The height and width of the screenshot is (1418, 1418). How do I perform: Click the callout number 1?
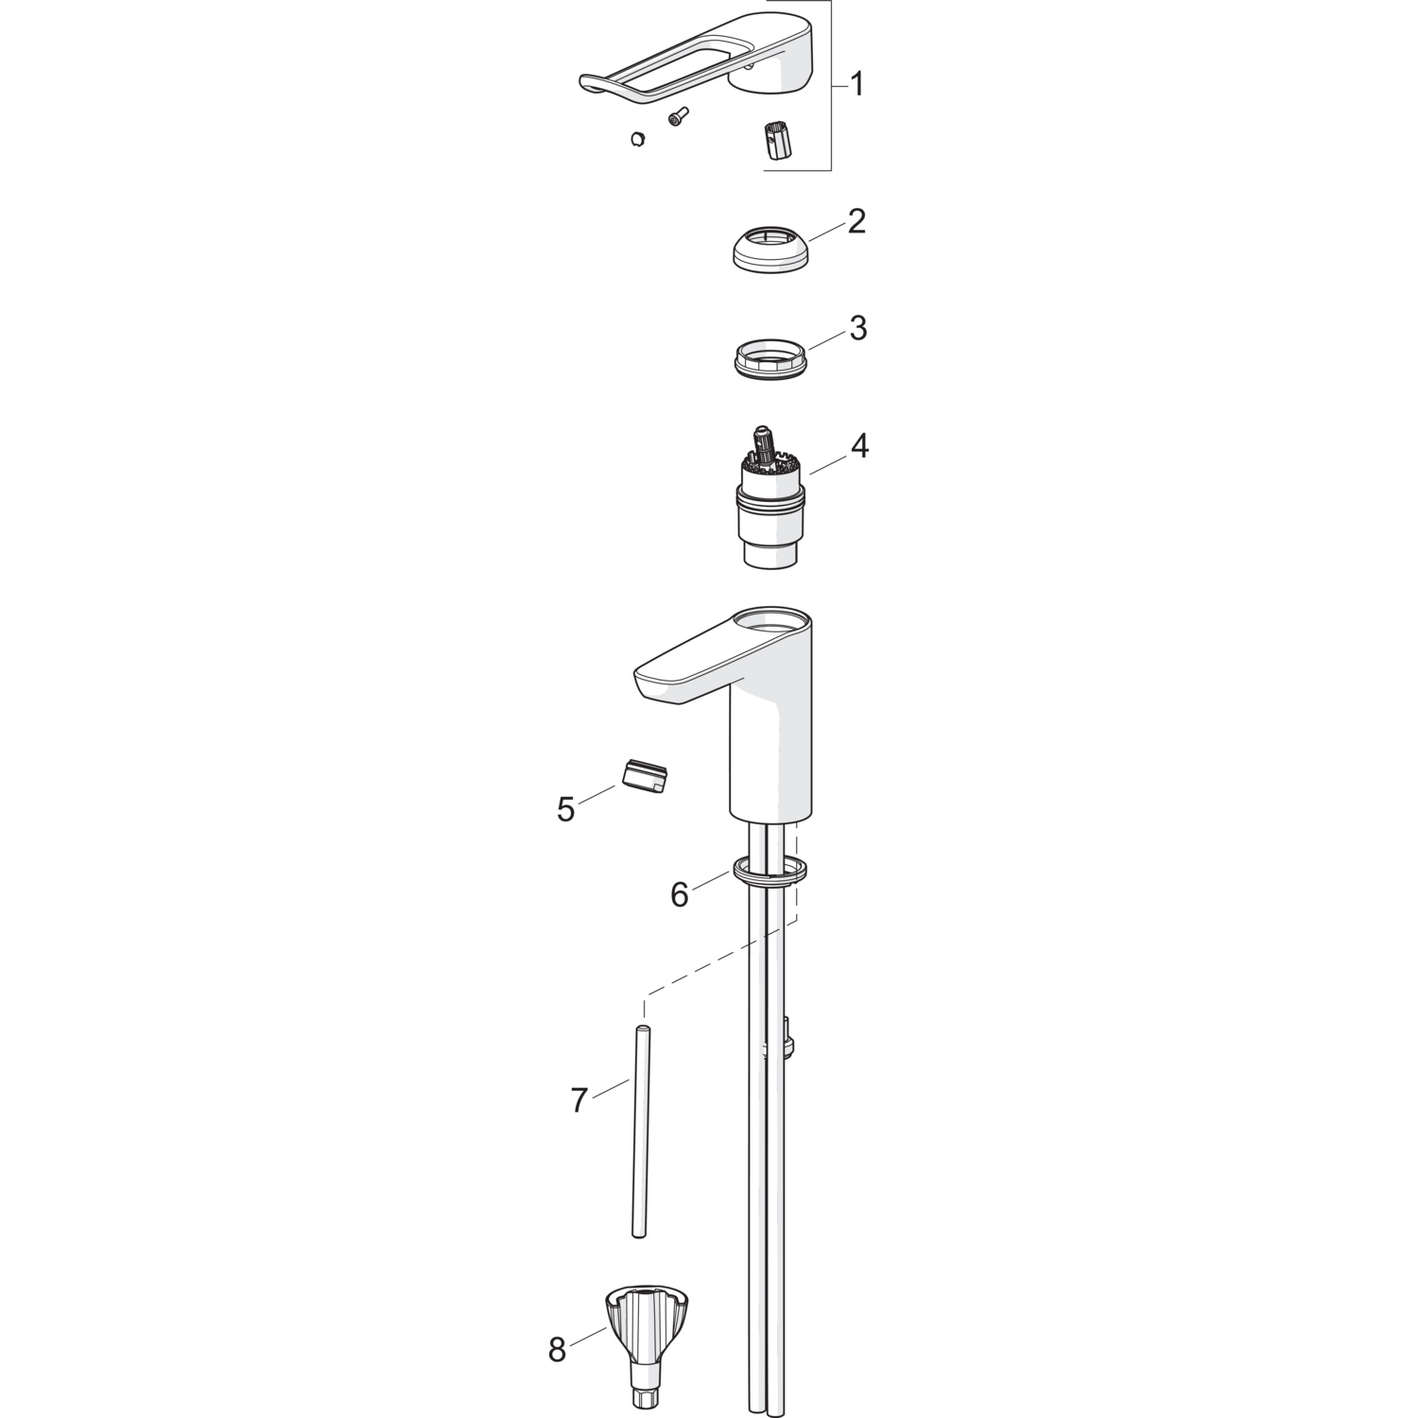[856, 85]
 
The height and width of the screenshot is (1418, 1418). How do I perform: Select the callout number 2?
[856, 222]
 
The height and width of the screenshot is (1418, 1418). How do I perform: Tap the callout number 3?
[857, 328]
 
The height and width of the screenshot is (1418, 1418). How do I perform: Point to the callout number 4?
[857, 445]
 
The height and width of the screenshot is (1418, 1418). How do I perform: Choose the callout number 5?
[566, 809]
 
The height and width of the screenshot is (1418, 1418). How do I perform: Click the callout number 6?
[680, 894]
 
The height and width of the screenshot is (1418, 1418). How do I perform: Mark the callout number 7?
[579, 1100]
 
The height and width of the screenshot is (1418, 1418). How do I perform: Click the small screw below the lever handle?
[678, 117]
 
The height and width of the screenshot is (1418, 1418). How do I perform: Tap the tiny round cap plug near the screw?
[638, 139]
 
